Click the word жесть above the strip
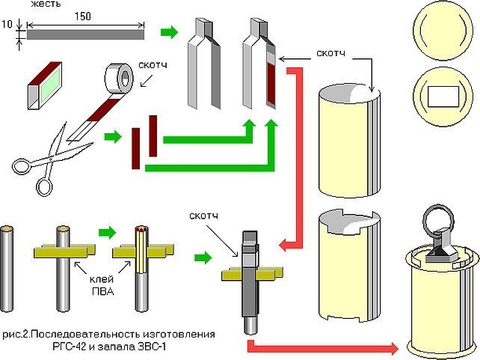tap(46, 4)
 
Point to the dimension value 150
tap(83, 16)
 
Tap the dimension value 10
tap(7, 24)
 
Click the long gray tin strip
tap(85, 34)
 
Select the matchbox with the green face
tap(45, 85)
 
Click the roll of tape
tap(119, 78)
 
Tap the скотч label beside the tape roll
tap(153, 65)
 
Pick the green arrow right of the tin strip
tap(169, 31)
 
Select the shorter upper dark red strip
tap(153, 135)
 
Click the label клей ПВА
tap(102, 285)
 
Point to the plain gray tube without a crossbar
tap(7, 269)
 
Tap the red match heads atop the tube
tap(141, 229)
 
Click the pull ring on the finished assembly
tap(437, 219)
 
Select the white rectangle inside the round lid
tap(443, 97)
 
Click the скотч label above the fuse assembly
tap(204, 216)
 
